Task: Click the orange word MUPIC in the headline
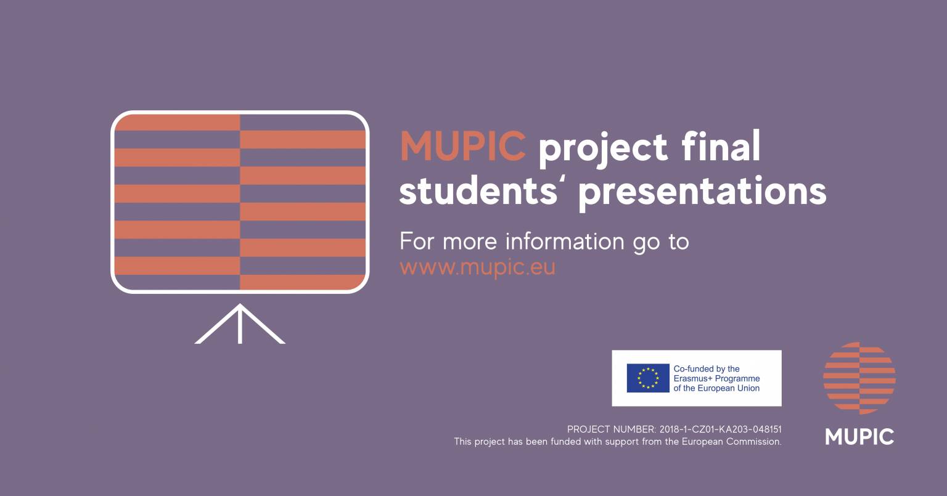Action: (x=463, y=146)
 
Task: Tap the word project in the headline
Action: (x=603, y=148)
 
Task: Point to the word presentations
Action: (x=702, y=193)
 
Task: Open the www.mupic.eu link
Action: (x=477, y=267)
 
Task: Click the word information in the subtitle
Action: (x=565, y=241)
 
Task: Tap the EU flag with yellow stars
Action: (x=648, y=378)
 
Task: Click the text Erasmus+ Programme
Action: (x=716, y=378)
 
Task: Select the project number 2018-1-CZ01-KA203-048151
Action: (x=720, y=429)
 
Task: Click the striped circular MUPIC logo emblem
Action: (x=859, y=378)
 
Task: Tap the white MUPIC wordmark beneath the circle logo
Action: (x=859, y=437)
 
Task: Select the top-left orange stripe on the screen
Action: (x=177, y=123)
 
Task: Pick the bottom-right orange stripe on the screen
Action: (x=303, y=282)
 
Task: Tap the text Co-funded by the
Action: (x=707, y=369)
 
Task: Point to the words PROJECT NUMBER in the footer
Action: (x=612, y=429)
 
